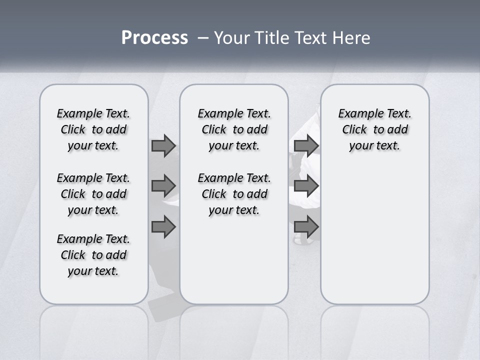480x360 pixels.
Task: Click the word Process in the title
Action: pyautogui.click(x=154, y=38)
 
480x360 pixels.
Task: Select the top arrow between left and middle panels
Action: pyautogui.click(x=163, y=146)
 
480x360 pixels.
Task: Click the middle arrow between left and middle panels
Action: pyautogui.click(x=163, y=186)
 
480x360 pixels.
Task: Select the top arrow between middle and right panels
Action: pyautogui.click(x=306, y=146)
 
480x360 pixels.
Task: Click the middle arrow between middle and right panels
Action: pyautogui.click(x=306, y=186)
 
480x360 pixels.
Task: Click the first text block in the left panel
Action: pyautogui.click(x=93, y=129)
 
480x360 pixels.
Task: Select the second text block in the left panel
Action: pyautogui.click(x=93, y=194)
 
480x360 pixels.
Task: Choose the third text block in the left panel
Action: pyautogui.click(x=93, y=255)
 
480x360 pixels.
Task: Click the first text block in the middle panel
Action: pyautogui.click(x=234, y=129)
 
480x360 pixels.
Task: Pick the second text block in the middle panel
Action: pyautogui.click(x=234, y=194)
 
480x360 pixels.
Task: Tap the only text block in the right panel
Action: pyautogui.click(x=374, y=129)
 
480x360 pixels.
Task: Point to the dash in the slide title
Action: pyautogui.click(x=203, y=38)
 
